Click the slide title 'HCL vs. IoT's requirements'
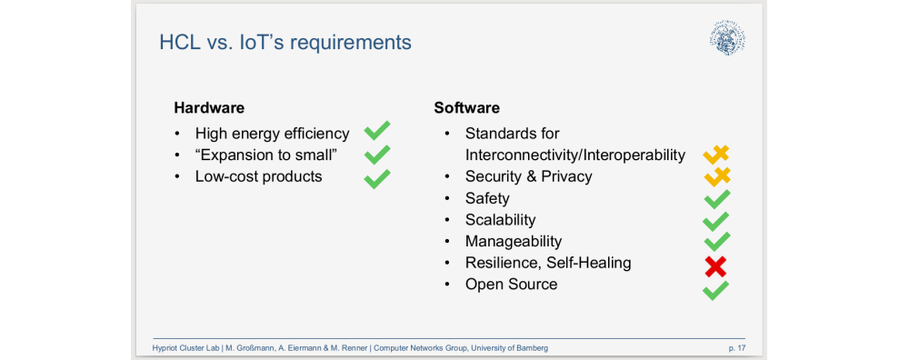pos(285,42)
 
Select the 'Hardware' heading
pos(209,107)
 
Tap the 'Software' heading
pos(466,107)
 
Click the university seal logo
pos(727,38)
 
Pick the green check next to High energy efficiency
pos(377,133)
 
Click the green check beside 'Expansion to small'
pos(377,155)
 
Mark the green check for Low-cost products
pos(377,177)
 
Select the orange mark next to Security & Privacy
pos(716,176)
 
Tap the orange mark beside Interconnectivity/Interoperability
pos(716,155)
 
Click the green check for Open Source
pos(715,290)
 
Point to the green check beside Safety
pos(716,199)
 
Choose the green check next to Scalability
pos(716,221)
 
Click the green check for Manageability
pos(716,242)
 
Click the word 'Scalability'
pos(500,220)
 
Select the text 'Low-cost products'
pos(258,176)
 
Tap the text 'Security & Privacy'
pos(528,176)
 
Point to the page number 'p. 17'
pos(736,348)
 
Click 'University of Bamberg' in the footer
pos(504,348)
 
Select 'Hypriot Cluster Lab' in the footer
pos(185,348)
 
